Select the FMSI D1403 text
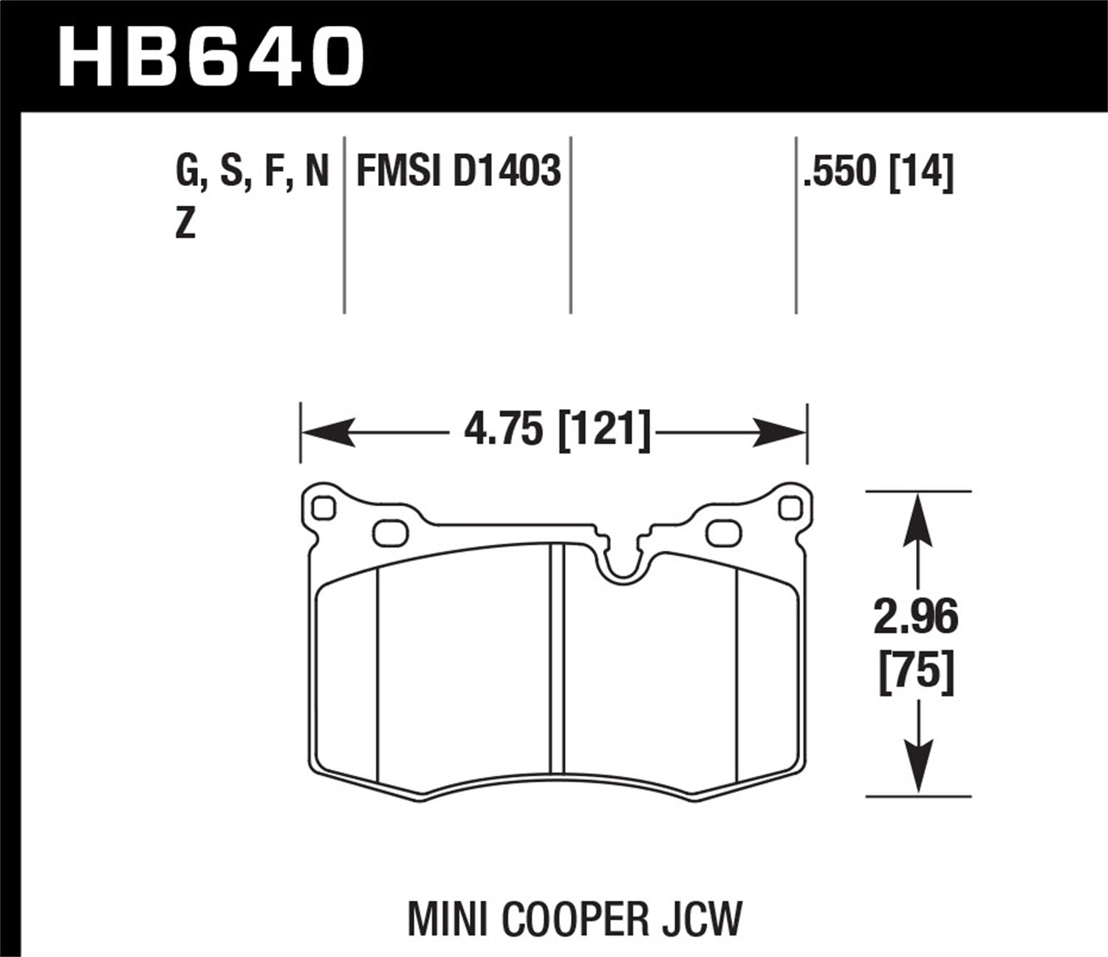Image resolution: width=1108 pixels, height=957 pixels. pos(458,173)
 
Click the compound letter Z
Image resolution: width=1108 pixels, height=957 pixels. pos(185,224)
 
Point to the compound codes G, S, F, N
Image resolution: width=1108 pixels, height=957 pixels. pos(251,173)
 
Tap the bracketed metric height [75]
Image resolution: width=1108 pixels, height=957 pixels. pos(916,673)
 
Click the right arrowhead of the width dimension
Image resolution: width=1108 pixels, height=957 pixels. pos(779,431)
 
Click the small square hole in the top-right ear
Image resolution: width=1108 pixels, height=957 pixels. pos(790,508)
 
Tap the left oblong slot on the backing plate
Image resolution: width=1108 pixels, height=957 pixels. pos(391,533)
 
